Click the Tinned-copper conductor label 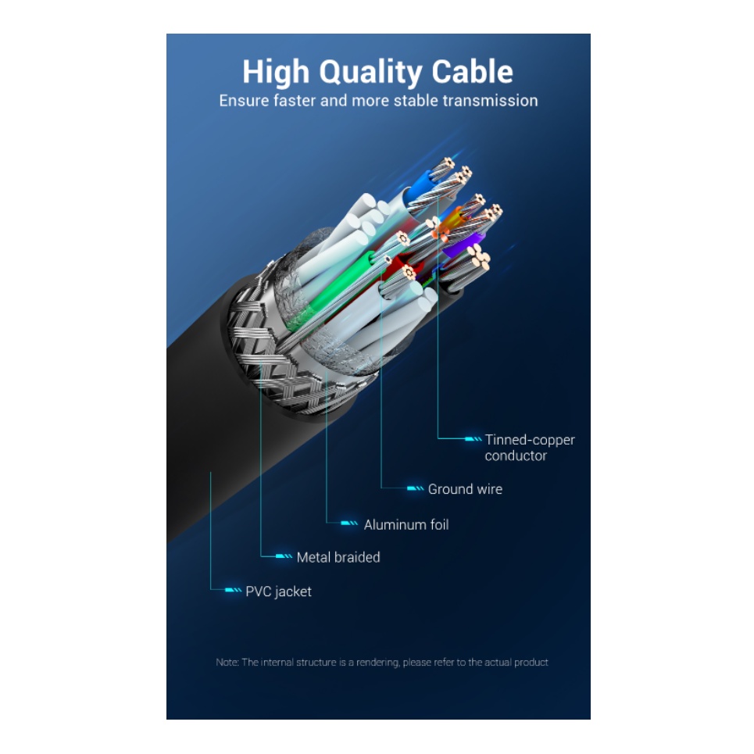[529, 448]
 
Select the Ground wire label [465, 489]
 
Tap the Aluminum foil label [406, 525]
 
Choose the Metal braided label [338, 557]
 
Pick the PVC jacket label [278, 591]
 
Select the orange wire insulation [452, 227]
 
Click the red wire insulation [394, 262]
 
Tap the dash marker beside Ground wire [415, 489]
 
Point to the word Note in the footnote [227, 663]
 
